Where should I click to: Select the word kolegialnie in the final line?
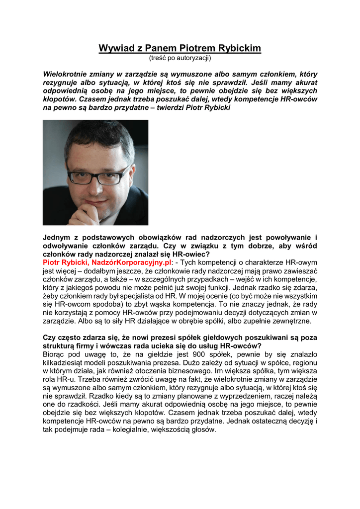point(153,430)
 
